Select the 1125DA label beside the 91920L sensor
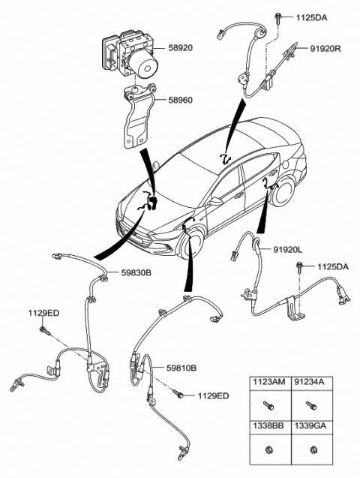(x=333, y=266)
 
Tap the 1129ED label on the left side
(x=44, y=312)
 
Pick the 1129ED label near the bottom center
(x=214, y=395)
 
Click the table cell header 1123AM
(x=268, y=383)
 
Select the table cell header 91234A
(x=310, y=383)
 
